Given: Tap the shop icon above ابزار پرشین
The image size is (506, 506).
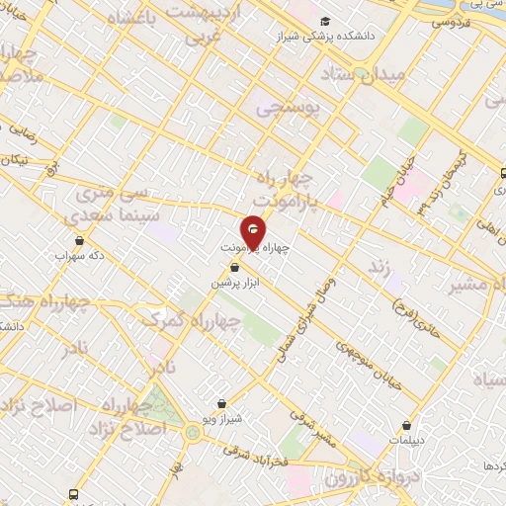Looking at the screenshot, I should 234,266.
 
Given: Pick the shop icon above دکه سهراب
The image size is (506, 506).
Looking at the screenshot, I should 79,239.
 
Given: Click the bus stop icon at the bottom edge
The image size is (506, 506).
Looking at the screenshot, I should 73,494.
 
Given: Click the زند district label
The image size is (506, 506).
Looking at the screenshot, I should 375,268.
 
